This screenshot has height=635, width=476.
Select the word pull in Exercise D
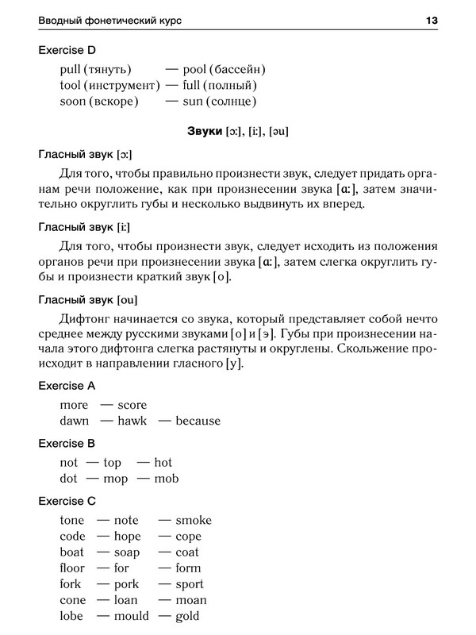tap(71, 69)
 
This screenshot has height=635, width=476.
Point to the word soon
tap(73, 102)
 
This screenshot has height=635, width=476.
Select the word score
tap(132, 405)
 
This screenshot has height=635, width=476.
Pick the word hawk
tap(132, 421)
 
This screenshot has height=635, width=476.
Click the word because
tap(198, 421)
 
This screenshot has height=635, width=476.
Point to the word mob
tap(167, 479)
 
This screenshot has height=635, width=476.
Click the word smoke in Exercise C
tap(194, 521)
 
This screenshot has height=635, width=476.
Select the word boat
tap(74, 552)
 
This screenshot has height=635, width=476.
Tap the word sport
tap(190, 584)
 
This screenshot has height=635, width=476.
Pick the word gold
tap(187, 616)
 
